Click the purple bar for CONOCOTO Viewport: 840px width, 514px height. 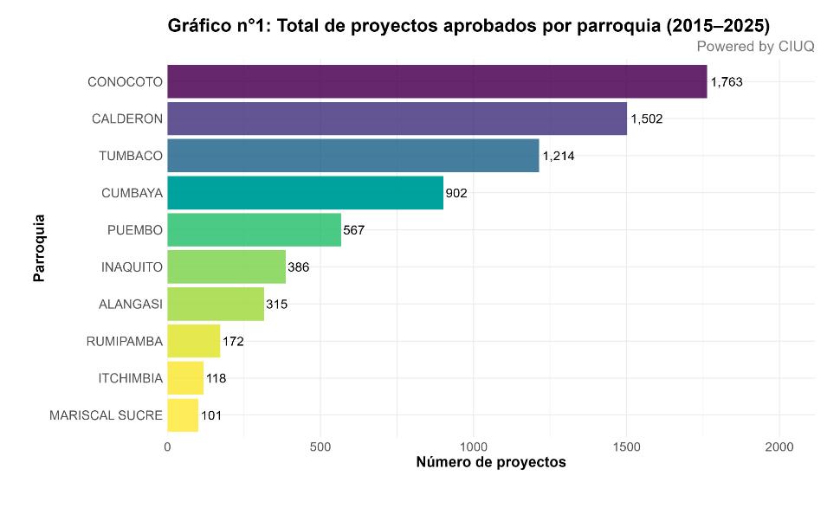[x=436, y=81]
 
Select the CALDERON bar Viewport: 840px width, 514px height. [x=397, y=119]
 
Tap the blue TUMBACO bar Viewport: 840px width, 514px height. [x=352, y=156]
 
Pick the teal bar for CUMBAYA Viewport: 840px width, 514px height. [x=305, y=193]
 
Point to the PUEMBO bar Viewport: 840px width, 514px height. [x=254, y=230]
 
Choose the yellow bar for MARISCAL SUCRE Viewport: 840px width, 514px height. [x=183, y=415]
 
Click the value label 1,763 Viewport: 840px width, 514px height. [x=727, y=82]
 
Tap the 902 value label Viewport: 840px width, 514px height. [x=456, y=193]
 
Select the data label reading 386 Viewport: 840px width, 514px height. [x=299, y=267]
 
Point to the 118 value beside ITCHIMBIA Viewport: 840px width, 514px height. [x=216, y=378]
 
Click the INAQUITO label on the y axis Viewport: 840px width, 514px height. [x=132, y=267]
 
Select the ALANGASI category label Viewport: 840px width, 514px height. [x=132, y=305]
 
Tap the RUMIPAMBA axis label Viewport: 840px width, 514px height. [x=125, y=342]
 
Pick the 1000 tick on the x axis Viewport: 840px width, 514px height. [x=474, y=447]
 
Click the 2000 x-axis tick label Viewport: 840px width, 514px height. [x=779, y=447]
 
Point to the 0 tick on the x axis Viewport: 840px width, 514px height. [x=167, y=447]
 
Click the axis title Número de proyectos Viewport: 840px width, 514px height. [x=491, y=462]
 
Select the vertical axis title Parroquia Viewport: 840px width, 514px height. [x=39, y=248]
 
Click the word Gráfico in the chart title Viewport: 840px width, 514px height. [x=199, y=27]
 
